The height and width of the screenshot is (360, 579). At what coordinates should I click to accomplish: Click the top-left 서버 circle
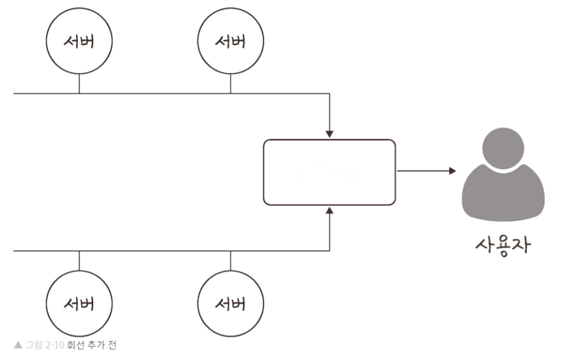[79, 42]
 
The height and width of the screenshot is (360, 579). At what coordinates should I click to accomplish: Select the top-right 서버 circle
[230, 42]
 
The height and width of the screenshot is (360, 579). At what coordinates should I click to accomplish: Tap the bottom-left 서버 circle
[79, 305]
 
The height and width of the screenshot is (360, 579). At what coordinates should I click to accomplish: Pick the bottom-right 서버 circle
[230, 305]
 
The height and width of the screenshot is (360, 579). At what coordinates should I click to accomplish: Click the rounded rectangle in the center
[329, 172]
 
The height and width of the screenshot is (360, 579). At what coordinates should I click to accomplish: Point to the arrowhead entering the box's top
[329, 134]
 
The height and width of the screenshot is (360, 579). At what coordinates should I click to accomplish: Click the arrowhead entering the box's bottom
[329, 210]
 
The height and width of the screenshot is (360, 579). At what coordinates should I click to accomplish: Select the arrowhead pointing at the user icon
[451, 171]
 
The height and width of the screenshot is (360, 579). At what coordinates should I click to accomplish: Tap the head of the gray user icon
[503, 149]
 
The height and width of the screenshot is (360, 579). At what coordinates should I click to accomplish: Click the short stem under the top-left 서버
[79, 84]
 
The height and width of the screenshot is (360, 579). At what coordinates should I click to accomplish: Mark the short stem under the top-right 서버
[230, 84]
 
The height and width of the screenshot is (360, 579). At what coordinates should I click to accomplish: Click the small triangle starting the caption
[18, 346]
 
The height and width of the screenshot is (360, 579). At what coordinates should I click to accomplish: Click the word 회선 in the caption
[76, 346]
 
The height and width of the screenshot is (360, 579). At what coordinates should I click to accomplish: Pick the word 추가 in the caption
[95, 346]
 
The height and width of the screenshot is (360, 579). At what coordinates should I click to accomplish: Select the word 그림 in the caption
[33, 346]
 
